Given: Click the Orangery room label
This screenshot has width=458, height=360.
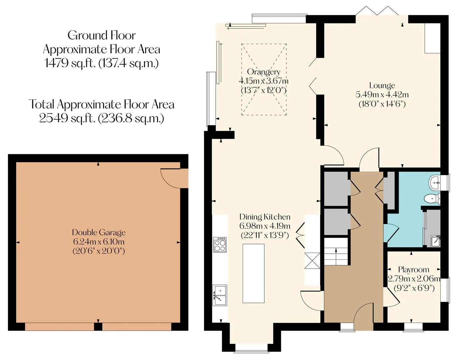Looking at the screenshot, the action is point(263,72).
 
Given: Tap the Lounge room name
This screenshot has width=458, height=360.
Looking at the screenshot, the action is point(382,85).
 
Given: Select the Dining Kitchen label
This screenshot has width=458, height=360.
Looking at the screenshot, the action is point(265,217).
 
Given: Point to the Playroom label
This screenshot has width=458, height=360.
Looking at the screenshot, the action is point(414,270).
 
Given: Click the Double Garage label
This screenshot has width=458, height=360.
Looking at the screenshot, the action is point(99,232).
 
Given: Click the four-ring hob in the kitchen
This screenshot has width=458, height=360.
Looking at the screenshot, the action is point(220,244).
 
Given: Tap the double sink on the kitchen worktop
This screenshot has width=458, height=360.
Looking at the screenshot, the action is point(220,295).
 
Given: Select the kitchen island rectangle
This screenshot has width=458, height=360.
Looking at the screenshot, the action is point(254,273).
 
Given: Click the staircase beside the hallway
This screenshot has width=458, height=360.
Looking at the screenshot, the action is point(336,251).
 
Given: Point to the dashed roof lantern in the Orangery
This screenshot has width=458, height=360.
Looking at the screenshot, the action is point(264,79).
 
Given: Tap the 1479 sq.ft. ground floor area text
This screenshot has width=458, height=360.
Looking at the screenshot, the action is point(101,63).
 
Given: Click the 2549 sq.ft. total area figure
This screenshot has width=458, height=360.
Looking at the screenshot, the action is point(101,118).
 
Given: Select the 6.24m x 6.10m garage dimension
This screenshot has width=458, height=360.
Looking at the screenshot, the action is point(99,242).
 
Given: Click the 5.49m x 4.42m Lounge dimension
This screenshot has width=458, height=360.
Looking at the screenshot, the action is point(382,94).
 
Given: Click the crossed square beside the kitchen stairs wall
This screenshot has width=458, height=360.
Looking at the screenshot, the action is point(312,261).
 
